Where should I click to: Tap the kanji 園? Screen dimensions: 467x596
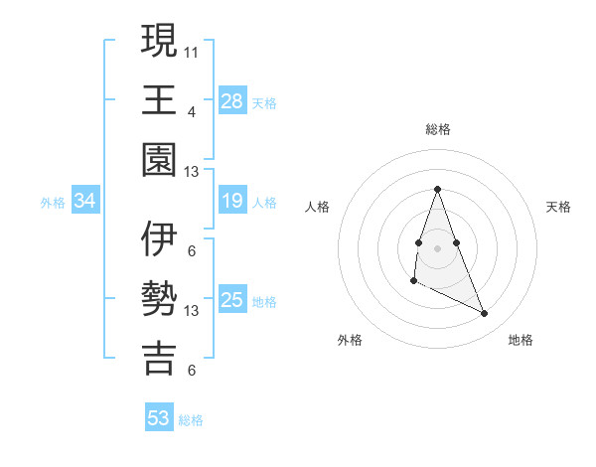coord(159,159)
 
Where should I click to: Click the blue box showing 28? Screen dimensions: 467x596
coord(232,100)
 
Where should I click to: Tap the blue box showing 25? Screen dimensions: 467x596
coord(232,300)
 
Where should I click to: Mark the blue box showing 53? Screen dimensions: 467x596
coord(159,418)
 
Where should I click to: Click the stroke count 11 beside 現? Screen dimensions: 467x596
coord(192,51)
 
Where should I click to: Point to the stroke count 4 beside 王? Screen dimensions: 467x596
coord(192,111)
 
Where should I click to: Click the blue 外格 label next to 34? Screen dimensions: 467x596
coord(53,203)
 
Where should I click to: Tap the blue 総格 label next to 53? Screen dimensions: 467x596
coord(191,420)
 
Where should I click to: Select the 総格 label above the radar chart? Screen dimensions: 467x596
coord(437,129)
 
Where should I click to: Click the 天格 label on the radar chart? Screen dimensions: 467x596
coord(558,207)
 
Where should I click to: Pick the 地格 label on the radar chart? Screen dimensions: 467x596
coord(521,340)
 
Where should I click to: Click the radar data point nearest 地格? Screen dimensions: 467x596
coord(485,314)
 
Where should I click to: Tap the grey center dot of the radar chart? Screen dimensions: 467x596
coord(437,246)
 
